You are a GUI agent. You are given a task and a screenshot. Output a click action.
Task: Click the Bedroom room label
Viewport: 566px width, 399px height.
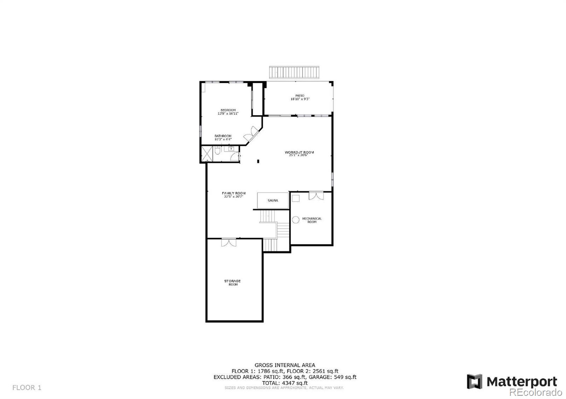tap(228, 110)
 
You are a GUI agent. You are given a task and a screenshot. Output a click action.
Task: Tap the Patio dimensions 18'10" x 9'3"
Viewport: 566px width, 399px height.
tap(300, 99)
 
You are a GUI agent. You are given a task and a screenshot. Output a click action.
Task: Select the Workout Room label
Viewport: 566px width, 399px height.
tap(299, 153)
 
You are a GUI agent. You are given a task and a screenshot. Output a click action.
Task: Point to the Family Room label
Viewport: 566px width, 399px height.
tap(234, 193)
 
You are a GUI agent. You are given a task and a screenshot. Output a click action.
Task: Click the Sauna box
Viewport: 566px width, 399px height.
tap(273, 201)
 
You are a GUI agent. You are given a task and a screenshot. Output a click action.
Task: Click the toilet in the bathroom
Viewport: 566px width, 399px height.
tap(218, 151)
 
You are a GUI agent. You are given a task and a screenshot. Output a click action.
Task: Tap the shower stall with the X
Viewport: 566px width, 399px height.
tap(206, 153)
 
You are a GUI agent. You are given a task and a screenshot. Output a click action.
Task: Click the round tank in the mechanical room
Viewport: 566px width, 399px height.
tap(295, 220)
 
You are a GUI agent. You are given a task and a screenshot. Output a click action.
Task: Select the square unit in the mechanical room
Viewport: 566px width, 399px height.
tap(295, 198)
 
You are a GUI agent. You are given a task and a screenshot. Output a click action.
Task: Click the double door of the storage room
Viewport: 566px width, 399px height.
tap(229, 243)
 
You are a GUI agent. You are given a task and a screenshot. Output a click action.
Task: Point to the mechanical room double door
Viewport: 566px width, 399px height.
tap(316, 196)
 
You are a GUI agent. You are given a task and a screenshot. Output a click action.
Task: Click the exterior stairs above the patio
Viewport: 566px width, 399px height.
tap(294, 72)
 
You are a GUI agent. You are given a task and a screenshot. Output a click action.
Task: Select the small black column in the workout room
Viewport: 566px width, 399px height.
tap(258, 161)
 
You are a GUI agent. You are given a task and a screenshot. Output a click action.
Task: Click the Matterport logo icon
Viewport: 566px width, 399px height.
tap(474, 382)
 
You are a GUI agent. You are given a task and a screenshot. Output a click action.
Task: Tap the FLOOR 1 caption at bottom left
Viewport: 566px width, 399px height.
tap(27, 388)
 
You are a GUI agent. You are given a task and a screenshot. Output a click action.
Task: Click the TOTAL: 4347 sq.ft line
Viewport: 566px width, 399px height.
tap(285, 383)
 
